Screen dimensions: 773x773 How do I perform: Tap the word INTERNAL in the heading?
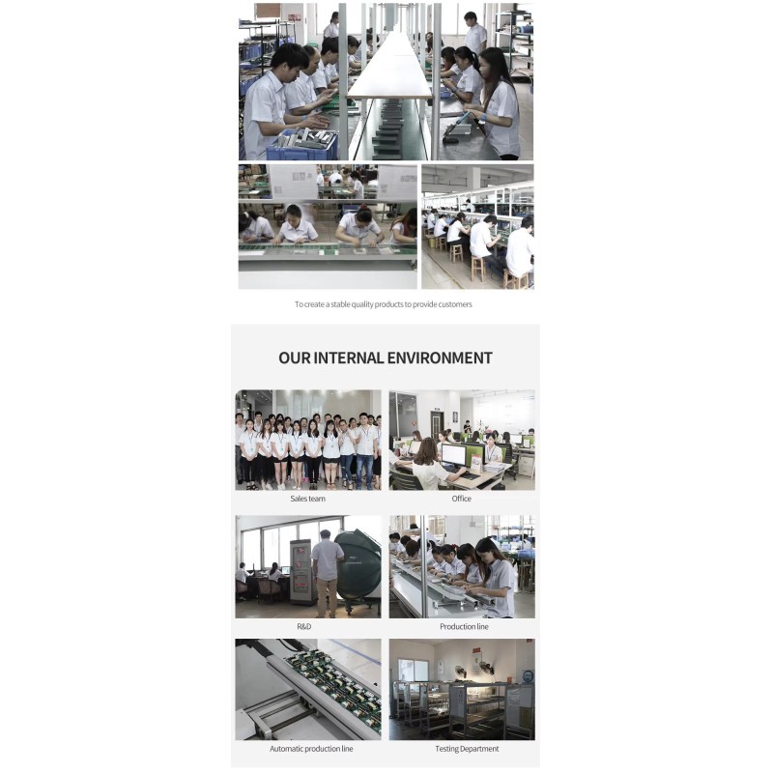pos(348,358)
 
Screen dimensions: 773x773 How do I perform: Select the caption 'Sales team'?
pos(307,499)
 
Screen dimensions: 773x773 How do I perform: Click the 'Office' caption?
pos(462,499)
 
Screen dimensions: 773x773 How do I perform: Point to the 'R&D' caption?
pos(304,626)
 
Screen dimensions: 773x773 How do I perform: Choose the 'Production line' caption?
pos(464,626)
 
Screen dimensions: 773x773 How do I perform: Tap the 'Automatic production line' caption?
pos(311,748)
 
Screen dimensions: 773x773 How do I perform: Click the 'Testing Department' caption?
pos(467,748)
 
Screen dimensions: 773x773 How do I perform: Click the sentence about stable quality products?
pos(383,304)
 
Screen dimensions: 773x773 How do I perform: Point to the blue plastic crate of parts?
pos(301,147)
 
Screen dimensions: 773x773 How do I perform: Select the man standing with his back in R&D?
pos(326,574)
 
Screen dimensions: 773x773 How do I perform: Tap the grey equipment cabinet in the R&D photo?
pos(301,572)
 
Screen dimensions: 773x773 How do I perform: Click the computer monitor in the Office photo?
pos(454,455)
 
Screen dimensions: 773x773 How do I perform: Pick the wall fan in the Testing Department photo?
pos(460,673)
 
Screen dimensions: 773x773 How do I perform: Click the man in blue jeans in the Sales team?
pos(365,451)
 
